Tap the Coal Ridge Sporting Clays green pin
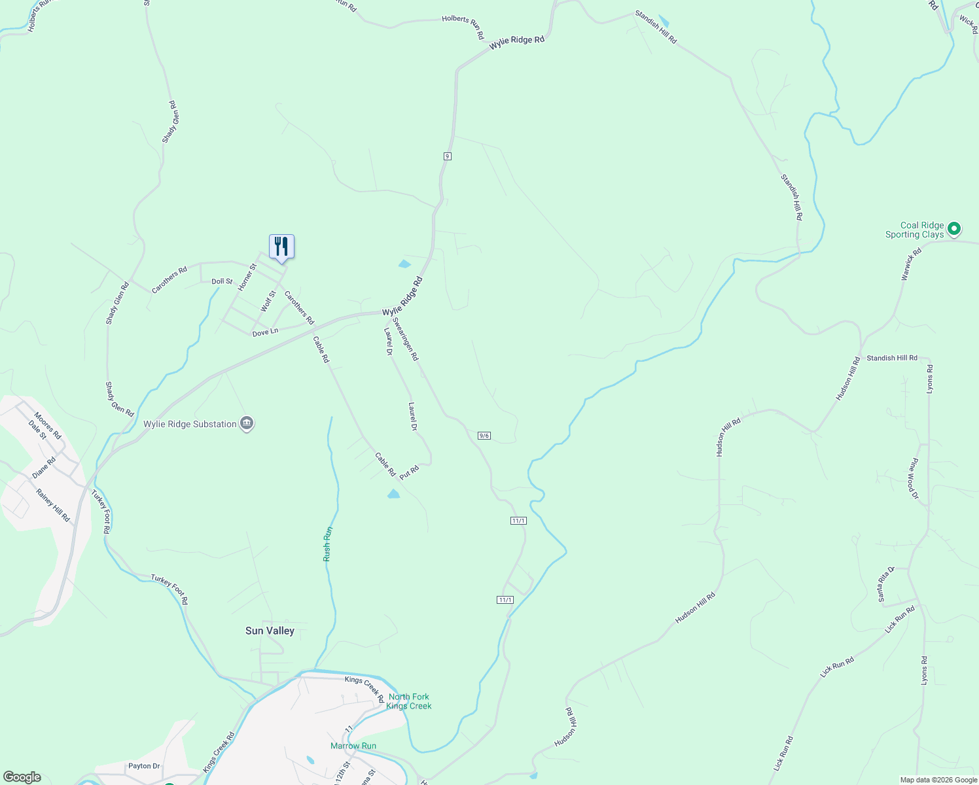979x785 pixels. (x=953, y=229)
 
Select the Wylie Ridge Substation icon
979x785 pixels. (x=247, y=424)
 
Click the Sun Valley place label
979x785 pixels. (x=270, y=631)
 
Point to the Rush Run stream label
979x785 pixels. (x=328, y=544)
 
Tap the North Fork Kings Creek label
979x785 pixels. (x=409, y=701)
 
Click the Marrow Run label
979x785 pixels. (x=353, y=746)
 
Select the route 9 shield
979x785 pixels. (x=447, y=156)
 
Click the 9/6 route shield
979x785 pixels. (x=484, y=436)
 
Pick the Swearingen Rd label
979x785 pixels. (x=405, y=339)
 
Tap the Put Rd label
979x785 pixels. (x=409, y=472)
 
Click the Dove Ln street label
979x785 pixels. (x=265, y=332)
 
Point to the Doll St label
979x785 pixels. (x=222, y=281)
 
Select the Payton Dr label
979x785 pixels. (x=144, y=766)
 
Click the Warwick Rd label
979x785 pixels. (x=911, y=264)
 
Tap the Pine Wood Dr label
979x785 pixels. (x=913, y=479)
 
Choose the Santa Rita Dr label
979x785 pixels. (x=885, y=584)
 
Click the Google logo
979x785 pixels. (x=22, y=777)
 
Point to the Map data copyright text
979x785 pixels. (x=938, y=780)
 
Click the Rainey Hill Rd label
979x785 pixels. (x=53, y=505)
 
